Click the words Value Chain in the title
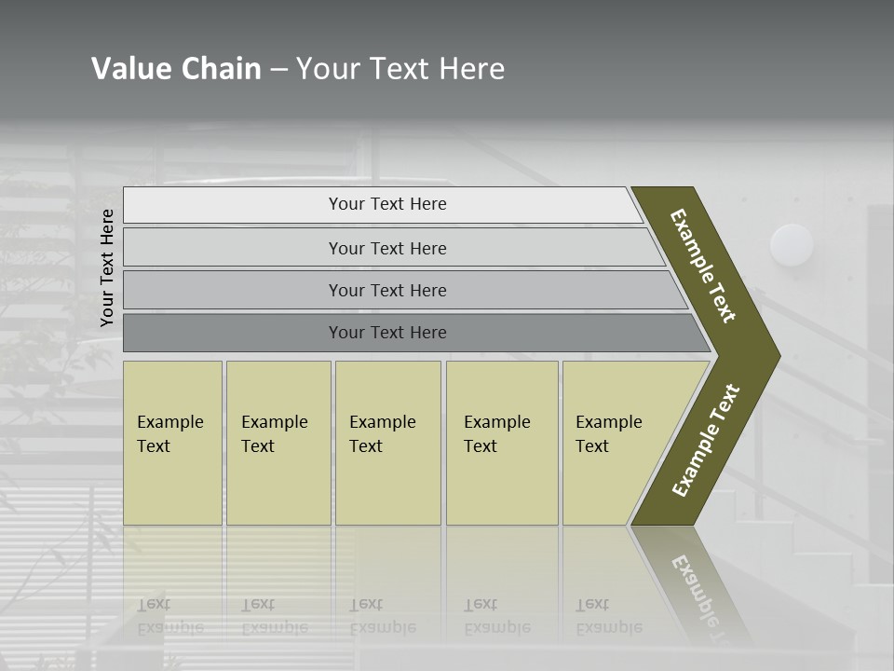176,68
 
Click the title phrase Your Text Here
400,68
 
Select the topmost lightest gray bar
382,204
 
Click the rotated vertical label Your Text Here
107,267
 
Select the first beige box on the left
172,443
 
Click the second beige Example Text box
278,443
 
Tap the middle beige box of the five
387,443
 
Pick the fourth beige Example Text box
502,443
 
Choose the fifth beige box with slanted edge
615,443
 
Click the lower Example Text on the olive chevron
705,441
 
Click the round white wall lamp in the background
792,245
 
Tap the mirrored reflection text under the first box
170,617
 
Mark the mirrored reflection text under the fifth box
608,617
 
